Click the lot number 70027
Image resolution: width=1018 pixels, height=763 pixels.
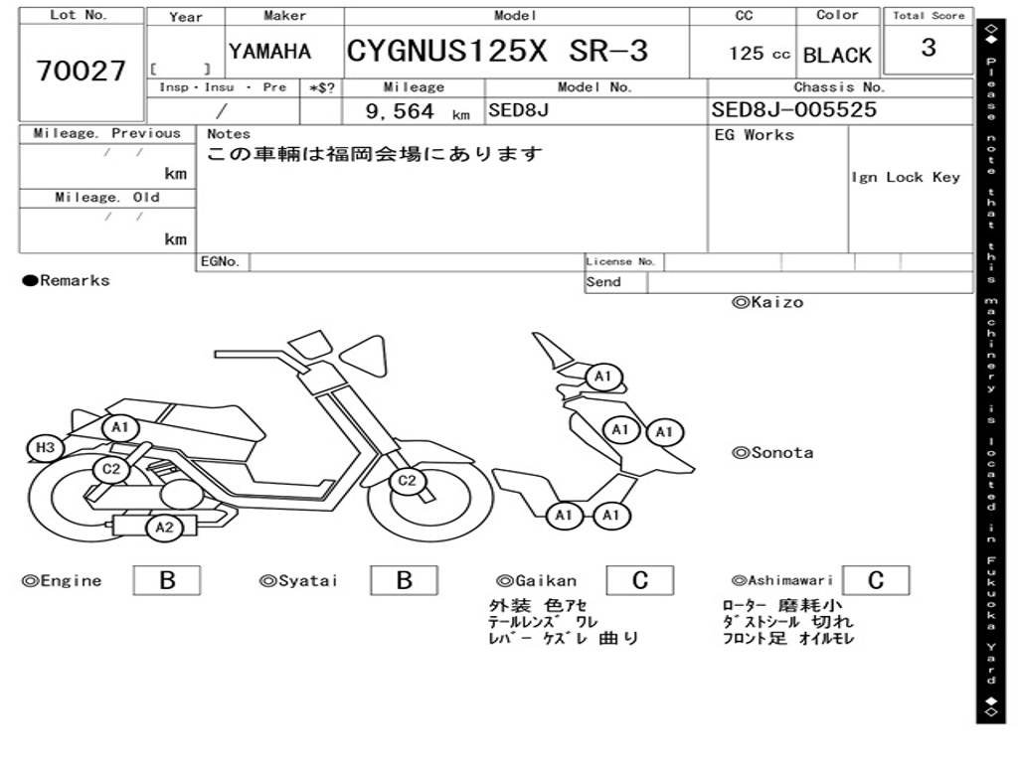82,71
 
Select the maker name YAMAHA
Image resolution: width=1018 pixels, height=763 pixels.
270,52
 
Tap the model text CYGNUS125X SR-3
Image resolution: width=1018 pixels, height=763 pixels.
497,51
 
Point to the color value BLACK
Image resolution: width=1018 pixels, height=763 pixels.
837,56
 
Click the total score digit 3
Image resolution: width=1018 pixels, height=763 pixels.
929,47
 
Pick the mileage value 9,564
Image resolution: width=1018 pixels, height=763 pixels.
400,111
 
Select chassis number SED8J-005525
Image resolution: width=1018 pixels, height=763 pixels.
794,109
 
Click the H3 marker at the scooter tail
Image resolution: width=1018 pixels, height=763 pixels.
45,448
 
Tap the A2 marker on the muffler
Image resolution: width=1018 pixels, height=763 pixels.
164,528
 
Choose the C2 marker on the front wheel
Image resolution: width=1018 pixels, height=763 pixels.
407,481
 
